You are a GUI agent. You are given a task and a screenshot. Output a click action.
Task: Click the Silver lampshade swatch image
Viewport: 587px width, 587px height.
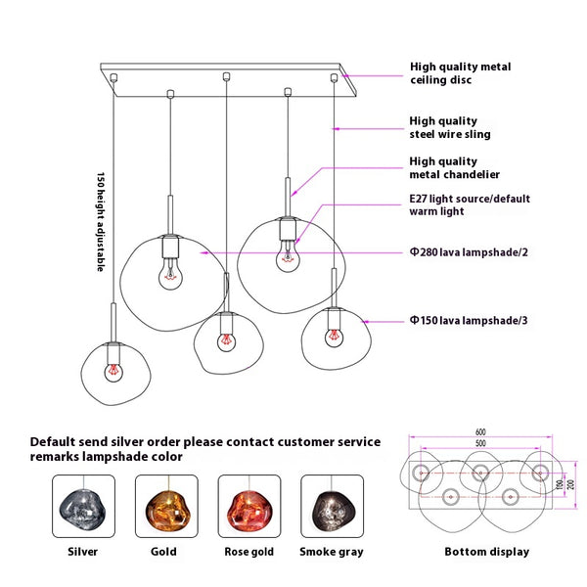pos(82,508)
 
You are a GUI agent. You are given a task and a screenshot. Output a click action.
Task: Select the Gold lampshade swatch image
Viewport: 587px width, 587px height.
pos(165,508)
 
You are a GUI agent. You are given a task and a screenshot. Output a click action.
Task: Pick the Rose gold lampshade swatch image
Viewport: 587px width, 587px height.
pos(248,508)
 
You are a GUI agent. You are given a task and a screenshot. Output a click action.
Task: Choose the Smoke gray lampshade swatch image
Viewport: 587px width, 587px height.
pos(332,508)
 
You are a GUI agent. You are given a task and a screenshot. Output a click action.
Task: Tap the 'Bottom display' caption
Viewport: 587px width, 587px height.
pos(486,552)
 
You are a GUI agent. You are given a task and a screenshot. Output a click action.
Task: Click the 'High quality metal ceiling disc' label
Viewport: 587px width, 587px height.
pos(459,73)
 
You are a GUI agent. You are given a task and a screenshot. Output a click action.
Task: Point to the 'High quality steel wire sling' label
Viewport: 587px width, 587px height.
pos(449,127)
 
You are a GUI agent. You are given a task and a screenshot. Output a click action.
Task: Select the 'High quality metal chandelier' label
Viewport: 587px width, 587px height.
pos(454,167)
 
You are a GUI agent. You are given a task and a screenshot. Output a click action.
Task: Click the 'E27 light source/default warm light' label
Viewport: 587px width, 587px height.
pos(469,204)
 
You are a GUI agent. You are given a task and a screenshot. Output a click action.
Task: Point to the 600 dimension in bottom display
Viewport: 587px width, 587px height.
pos(481,431)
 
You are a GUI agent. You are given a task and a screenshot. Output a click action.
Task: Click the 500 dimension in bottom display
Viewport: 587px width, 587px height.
pos(480,443)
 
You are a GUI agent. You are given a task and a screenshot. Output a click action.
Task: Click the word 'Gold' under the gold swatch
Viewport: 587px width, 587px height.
pos(164,552)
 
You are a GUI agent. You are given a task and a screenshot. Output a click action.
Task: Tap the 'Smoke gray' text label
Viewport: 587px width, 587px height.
pos(332,552)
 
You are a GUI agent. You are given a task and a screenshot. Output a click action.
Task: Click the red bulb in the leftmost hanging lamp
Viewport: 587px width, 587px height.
pos(113,373)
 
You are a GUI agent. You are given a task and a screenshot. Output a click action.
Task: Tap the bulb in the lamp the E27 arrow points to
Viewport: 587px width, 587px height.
pos(288,259)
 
